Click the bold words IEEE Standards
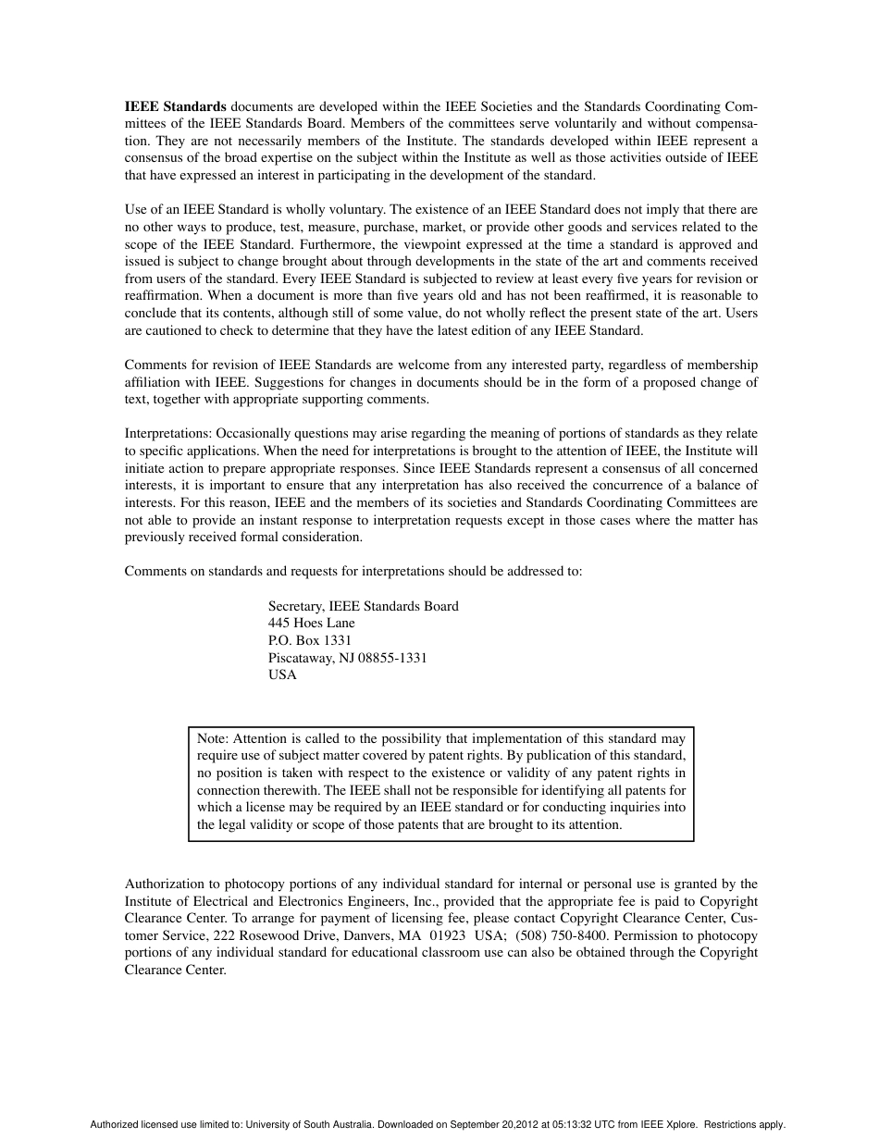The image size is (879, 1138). pos(176,106)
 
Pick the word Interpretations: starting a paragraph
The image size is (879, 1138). pos(167,434)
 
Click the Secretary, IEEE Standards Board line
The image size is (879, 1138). pos(363,606)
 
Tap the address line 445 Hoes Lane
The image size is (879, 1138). pos(311,624)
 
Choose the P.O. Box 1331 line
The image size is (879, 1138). pos(309,640)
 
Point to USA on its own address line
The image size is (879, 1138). pos(282,675)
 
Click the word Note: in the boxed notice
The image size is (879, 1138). pos(213,738)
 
